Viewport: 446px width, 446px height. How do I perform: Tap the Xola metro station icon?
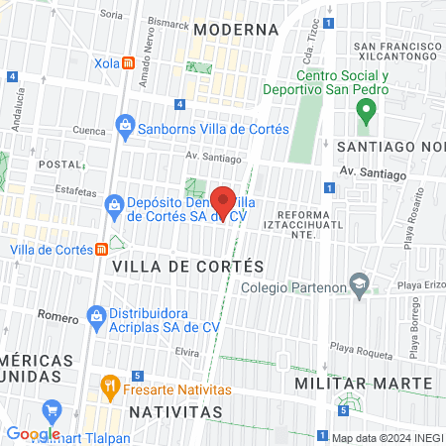[x=129, y=62]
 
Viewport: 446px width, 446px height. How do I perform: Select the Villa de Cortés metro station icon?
[x=102, y=249]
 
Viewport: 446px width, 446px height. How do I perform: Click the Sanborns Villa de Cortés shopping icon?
[x=125, y=126]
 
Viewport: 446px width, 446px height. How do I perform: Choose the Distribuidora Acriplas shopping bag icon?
[x=96, y=317]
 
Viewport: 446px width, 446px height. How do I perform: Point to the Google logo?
[x=33, y=433]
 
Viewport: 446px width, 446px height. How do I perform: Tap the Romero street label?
[x=57, y=316]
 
